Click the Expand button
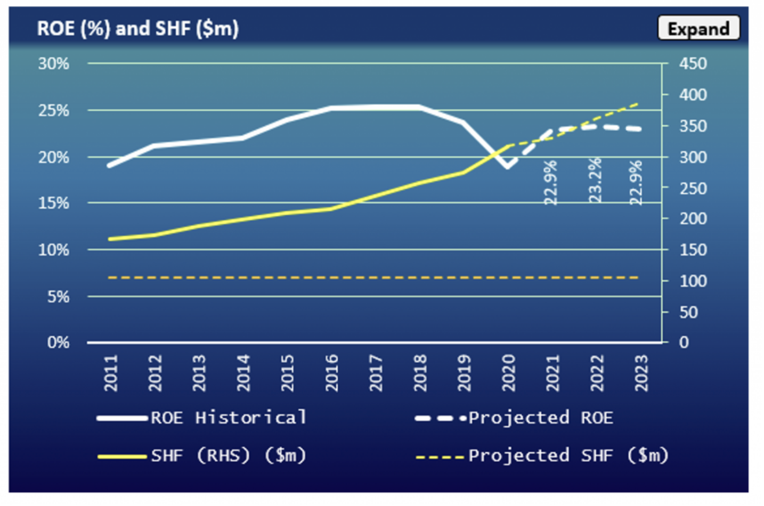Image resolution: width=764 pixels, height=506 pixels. [698, 28]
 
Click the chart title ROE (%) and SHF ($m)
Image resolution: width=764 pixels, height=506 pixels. [137, 28]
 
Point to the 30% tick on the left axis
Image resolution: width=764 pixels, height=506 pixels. [53, 64]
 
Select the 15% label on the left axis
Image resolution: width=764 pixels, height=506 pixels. [53, 203]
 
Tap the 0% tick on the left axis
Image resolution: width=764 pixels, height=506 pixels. [58, 342]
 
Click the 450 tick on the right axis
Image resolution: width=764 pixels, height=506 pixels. [693, 64]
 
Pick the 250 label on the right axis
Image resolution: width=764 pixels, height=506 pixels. [693, 188]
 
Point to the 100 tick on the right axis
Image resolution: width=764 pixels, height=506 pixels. [693, 281]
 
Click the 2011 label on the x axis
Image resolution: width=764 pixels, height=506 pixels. [111, 373]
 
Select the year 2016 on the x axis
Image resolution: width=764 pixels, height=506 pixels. [332, 373]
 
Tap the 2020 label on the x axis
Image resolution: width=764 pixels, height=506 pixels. [509, 373]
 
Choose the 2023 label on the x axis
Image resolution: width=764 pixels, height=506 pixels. [641, 373]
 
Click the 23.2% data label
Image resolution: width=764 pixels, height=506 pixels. [595, 180]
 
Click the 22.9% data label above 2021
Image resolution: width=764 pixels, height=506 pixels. [551, 182]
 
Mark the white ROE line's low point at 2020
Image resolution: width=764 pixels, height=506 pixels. [508, 166]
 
